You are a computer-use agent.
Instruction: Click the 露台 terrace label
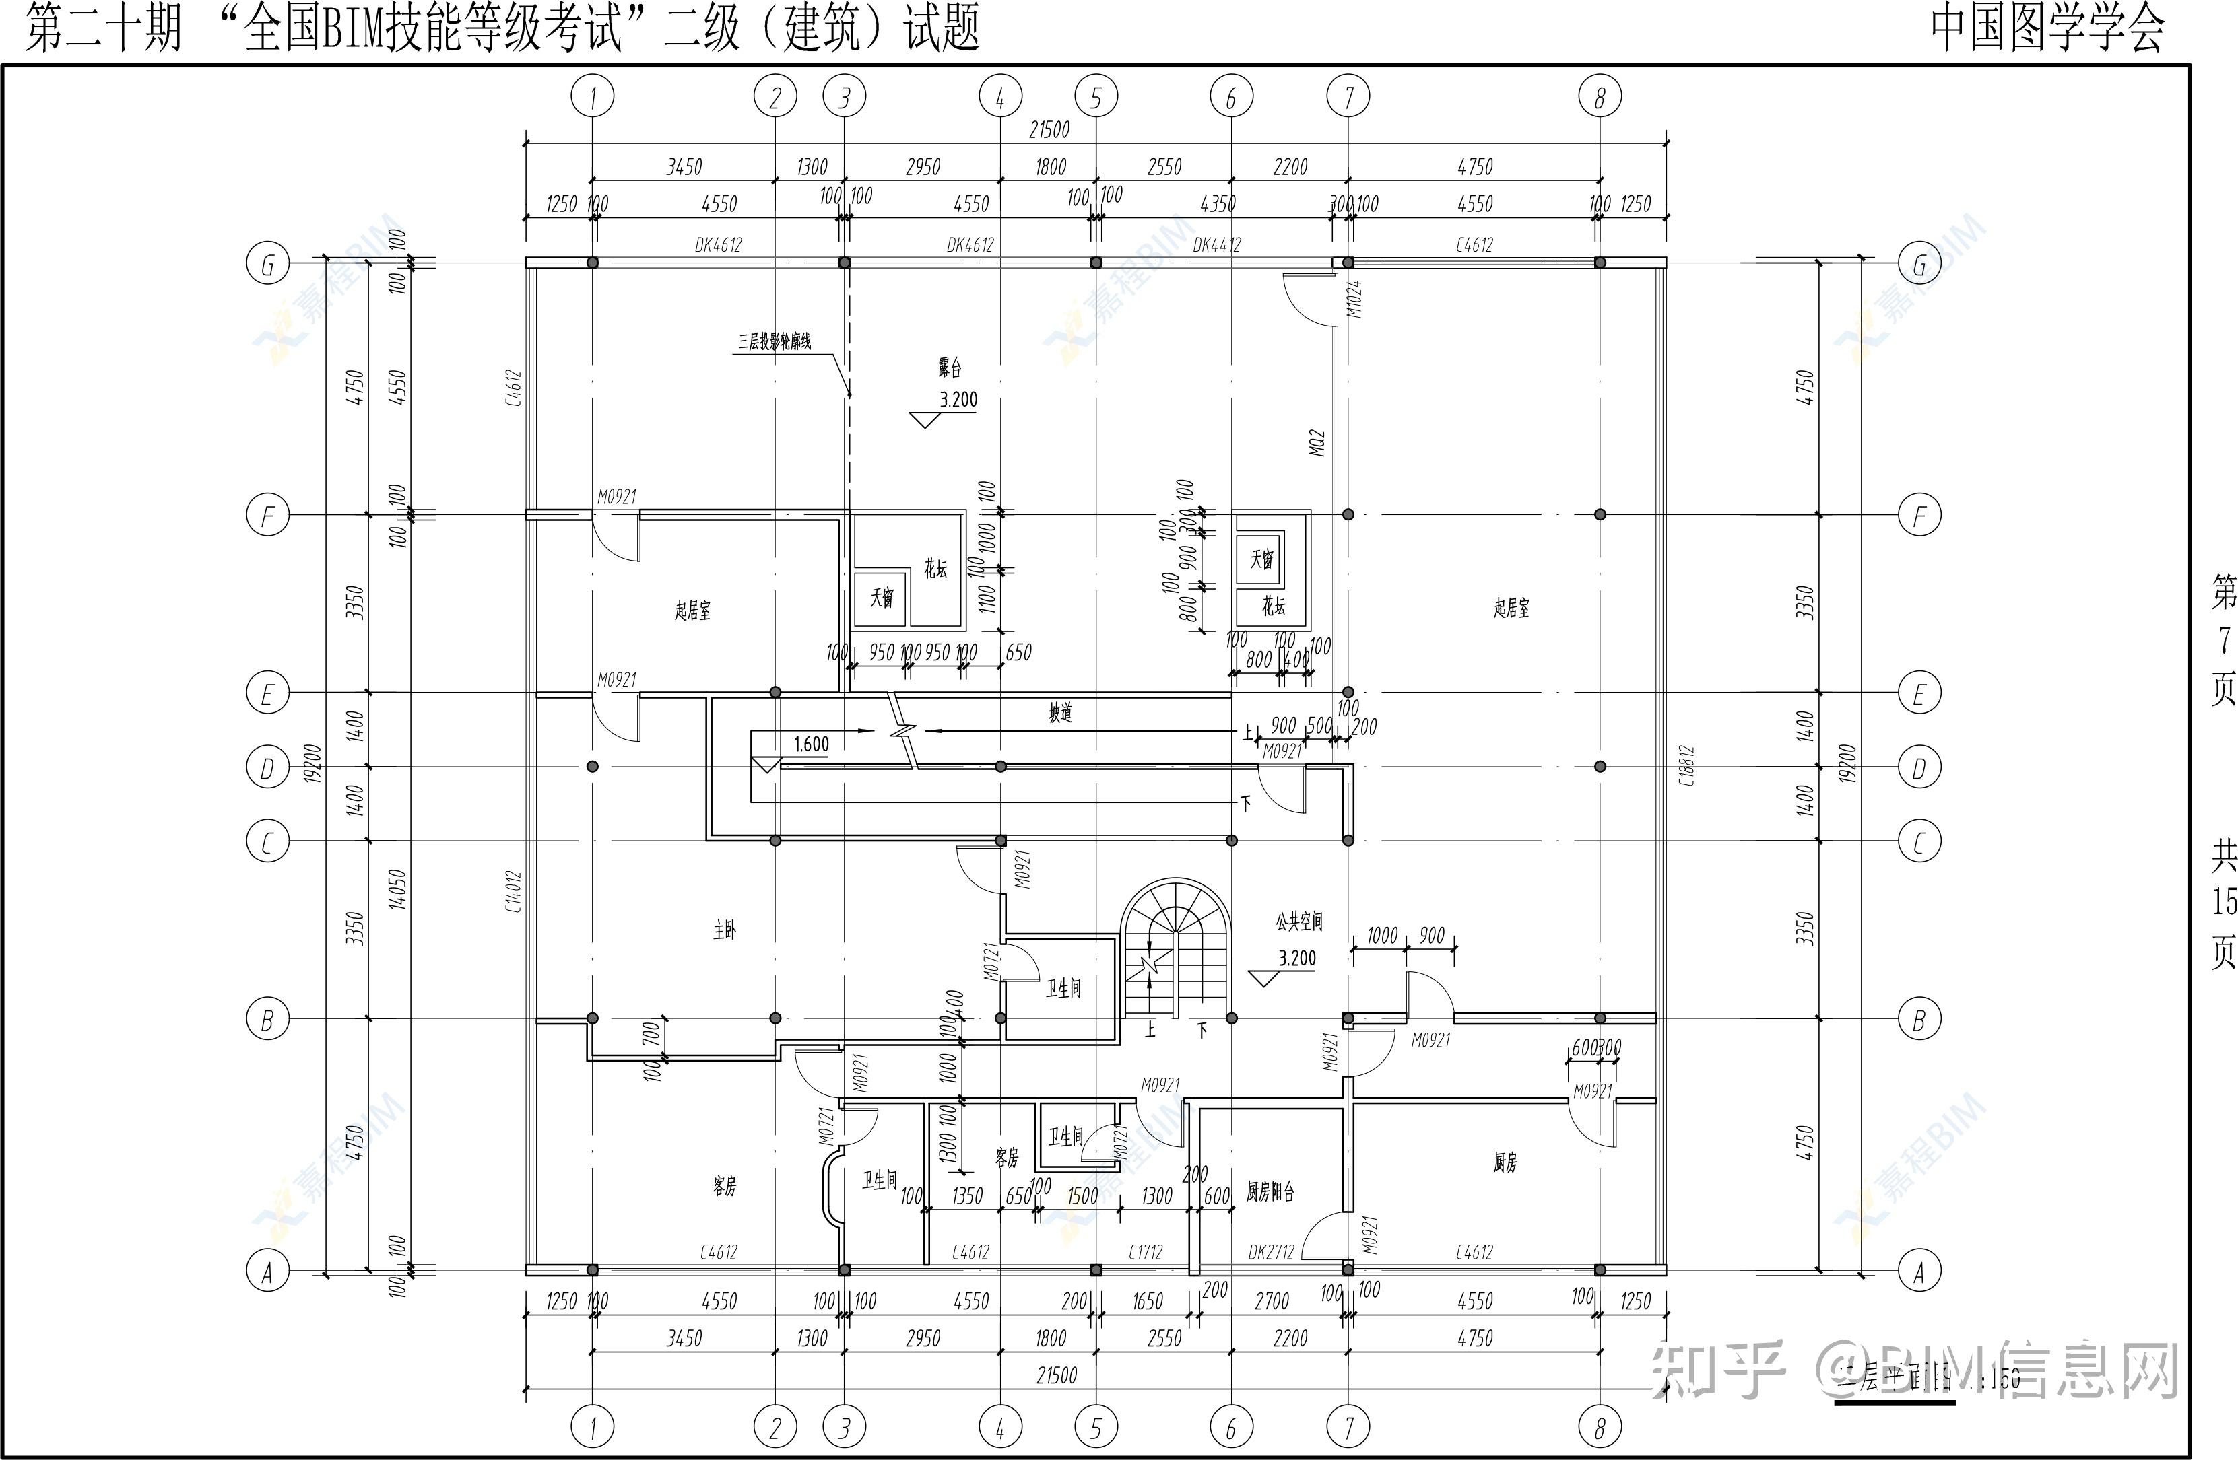950,367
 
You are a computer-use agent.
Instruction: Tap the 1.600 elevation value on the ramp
811,744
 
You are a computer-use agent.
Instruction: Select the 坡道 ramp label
1061,714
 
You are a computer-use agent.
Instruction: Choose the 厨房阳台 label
1270,1192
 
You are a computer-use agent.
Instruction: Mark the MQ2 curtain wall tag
1317,444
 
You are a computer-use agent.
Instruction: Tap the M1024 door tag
1354,299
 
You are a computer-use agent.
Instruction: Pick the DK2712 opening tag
1272,1252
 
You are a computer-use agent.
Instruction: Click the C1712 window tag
1146,1252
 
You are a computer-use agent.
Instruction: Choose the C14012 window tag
513,891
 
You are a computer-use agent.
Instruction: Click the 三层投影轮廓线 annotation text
774,342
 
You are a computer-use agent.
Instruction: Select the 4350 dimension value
1218,204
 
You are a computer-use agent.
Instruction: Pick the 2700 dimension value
1272,1302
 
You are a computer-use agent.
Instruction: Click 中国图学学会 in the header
2047,28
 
